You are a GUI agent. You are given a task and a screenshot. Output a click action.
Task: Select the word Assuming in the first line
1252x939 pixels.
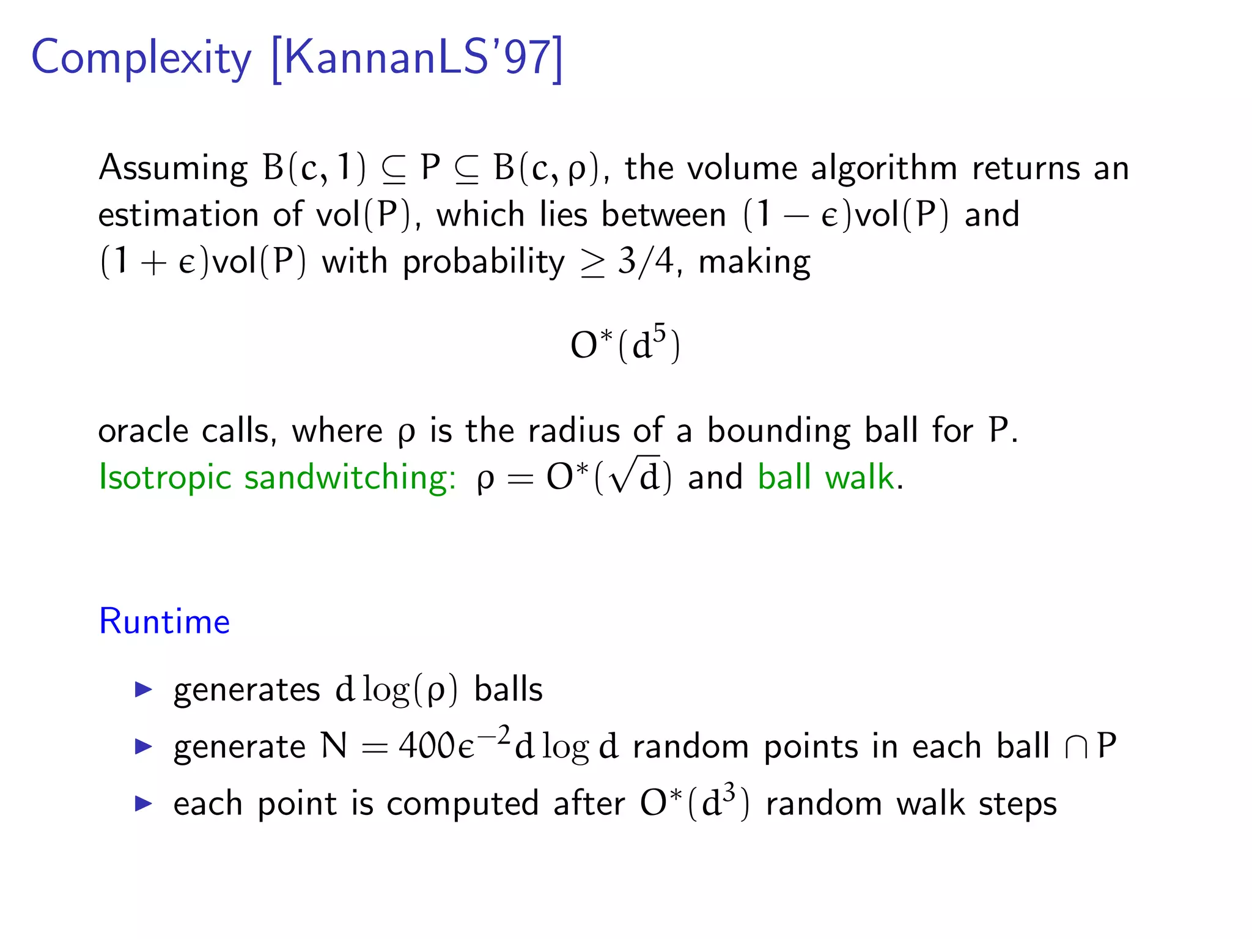pyautogui.click(x=173, y=169)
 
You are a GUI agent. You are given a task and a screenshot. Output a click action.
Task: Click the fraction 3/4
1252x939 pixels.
pyautogui.click(x=646, y=262)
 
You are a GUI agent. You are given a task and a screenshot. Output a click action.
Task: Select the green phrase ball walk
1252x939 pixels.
pyautogui.click(x=826, y=477)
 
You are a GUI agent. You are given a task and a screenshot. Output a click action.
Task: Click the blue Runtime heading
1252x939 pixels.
pyautogui.click(x=164, y=622)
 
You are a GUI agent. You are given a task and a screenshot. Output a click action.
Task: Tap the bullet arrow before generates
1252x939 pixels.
pyautogui.click(x=143, y=690)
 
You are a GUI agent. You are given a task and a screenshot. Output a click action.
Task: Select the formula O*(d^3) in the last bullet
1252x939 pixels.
pyautogui.click(x=694, y=803)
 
